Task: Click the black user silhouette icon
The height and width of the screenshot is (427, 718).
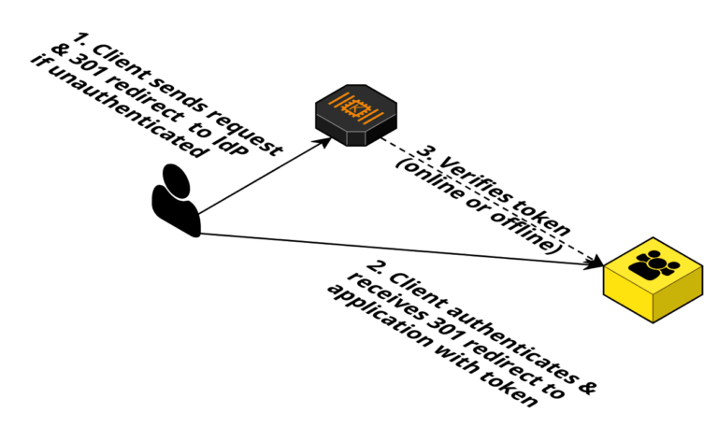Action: [x=176, y=199]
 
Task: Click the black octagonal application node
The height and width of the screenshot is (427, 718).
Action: [x=355, y=114]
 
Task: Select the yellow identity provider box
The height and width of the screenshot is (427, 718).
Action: [x=653, y=278]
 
